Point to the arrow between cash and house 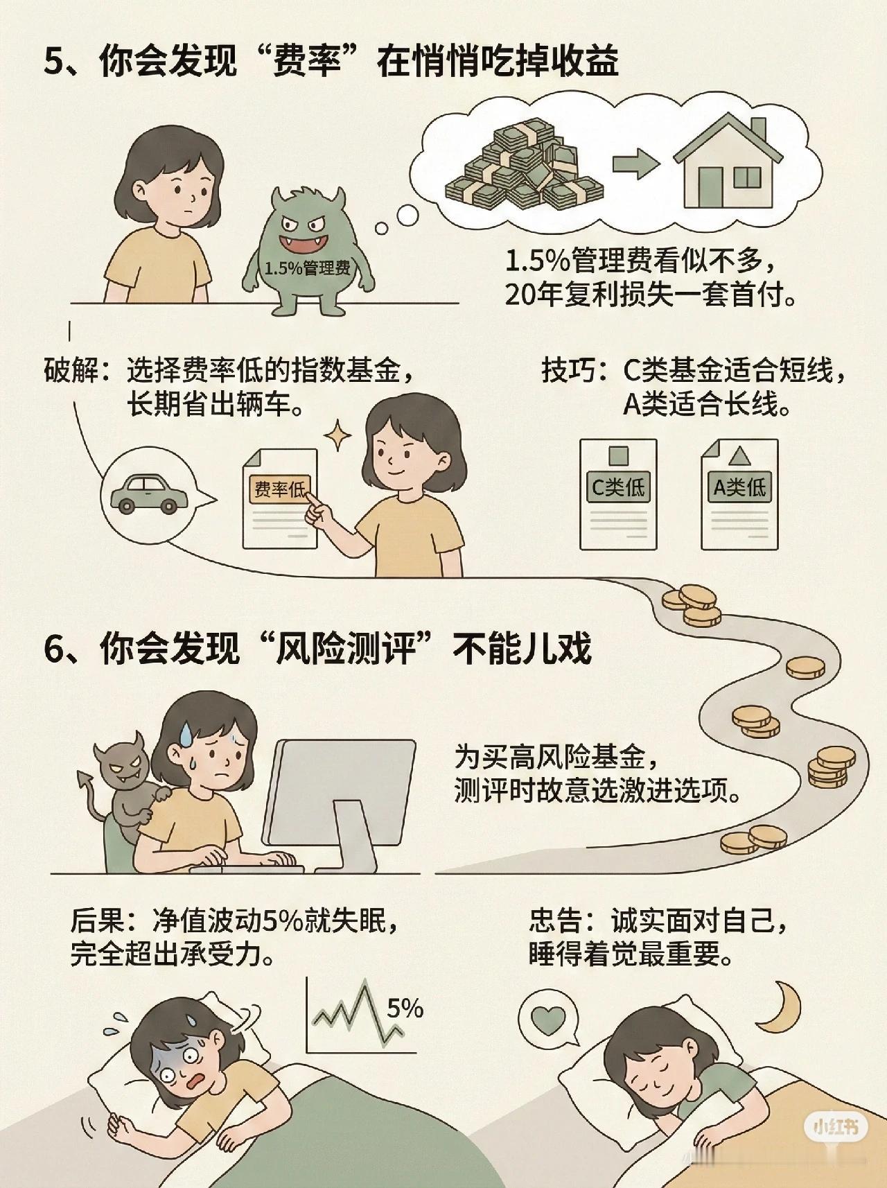(635, 167)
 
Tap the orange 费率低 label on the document (280, 489)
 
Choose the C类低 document (617, 493)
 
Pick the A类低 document (739, 493)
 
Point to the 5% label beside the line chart (405, 1008)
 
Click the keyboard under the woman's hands (246, 865)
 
